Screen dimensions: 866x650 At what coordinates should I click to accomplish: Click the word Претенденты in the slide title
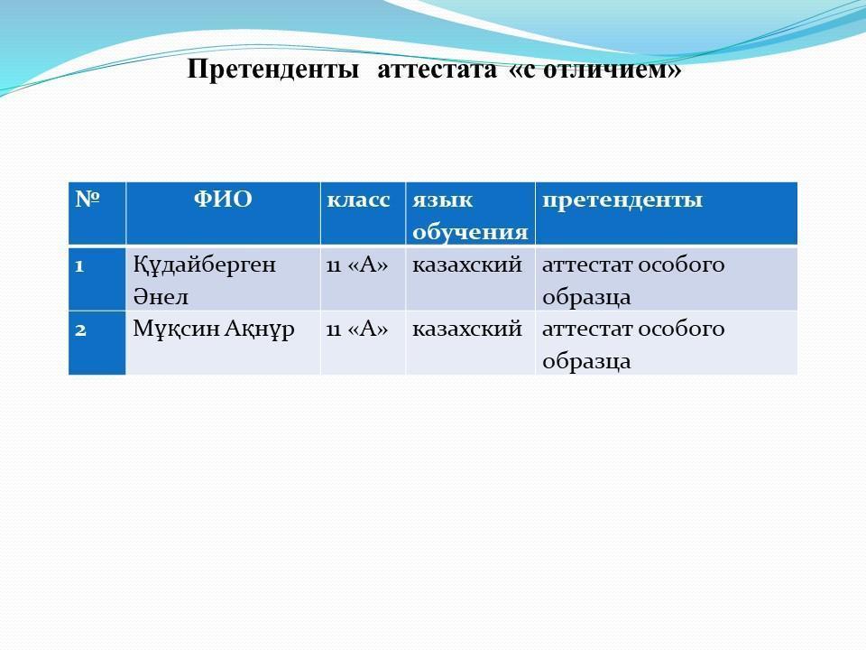point(273,70)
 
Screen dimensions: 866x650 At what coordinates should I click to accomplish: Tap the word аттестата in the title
point(438,70)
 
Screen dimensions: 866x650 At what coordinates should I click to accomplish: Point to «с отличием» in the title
point(594,70)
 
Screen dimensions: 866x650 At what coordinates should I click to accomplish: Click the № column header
point(88,199)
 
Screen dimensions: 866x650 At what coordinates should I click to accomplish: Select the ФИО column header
point(223,199)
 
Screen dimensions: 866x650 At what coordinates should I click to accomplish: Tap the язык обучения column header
point(470,216)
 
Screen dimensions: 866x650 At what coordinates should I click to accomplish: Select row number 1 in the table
point(79,266)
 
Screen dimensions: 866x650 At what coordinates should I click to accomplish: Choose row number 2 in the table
point(80,330)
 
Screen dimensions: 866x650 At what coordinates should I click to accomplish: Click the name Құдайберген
point(205,265)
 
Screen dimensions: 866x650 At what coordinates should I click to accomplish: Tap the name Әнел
point(161,297)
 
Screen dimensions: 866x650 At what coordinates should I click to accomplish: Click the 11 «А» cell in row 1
point(357,265)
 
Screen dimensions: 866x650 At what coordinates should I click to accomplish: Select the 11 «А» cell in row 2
point(357,330)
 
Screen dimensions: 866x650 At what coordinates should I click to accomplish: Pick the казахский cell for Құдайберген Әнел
point(467,265)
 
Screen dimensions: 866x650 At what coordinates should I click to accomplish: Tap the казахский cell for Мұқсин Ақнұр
point(467,330)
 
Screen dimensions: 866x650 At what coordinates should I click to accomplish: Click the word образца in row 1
point(586,297)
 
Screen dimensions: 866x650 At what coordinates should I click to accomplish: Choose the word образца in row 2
point(586,361)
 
